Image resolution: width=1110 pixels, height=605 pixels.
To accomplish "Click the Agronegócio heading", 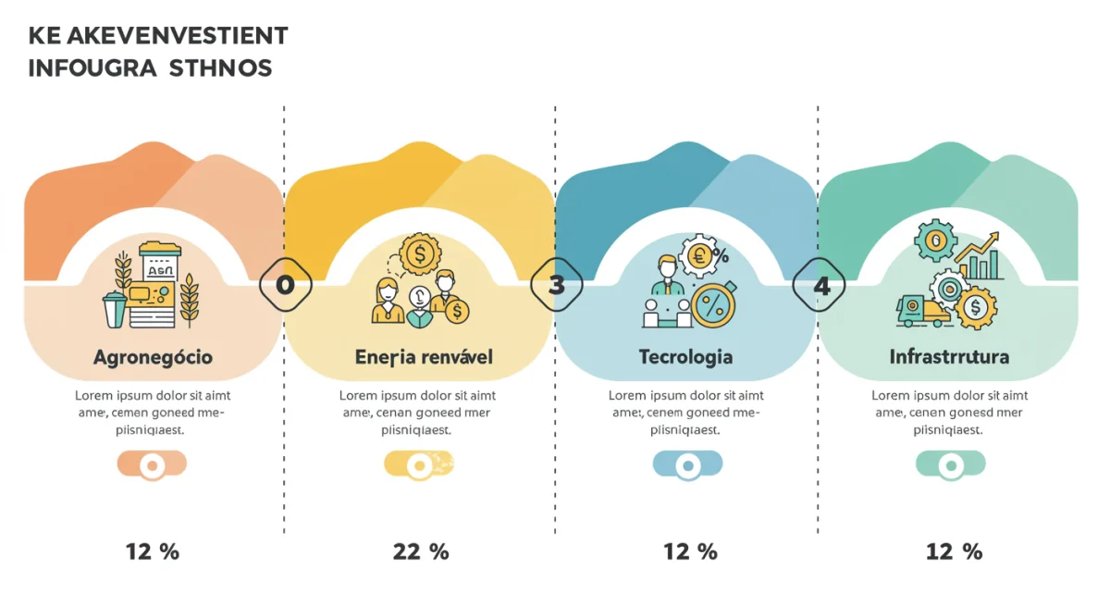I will pyautogui.click(x=153, y=357).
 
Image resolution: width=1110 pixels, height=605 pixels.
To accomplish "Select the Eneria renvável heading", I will pyautogui.click(x=424, y=357).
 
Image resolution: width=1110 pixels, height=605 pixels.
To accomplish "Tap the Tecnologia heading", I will pyautogui.click(x=685, y=357).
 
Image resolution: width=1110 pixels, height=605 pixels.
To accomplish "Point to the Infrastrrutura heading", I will pyautogui.click(x=949, y=357).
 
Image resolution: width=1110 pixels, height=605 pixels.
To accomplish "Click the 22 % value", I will pyautogui.click(x=421, y=552).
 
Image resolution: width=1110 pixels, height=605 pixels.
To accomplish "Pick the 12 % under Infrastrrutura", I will pyautogui.click(x=954, y=552).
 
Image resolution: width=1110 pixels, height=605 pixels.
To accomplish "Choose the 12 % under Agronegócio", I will pyautogui.click(x=153, y=552).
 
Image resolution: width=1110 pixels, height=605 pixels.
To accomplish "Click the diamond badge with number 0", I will pyautogui.click(x=285, y=286).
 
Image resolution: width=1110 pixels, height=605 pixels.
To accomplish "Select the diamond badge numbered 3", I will pyautogui.click(x=556, y=286).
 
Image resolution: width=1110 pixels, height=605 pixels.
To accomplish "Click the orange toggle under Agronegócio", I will pyautogui.click(x=152, y=464).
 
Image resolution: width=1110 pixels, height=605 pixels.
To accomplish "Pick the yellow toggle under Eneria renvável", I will pyautogui.click(x=419, y=464).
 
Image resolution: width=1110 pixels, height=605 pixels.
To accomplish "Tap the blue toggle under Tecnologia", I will pyautogui.click(x=687, y=464).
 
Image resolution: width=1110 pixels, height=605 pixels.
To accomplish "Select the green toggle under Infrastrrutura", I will pyautogui.click(x=950, y=464).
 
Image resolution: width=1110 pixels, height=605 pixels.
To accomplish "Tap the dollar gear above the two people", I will pyautogui.click(x=421, y=252).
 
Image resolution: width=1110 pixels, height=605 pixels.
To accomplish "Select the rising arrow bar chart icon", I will pyautogui.click(x=980, y=259).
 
